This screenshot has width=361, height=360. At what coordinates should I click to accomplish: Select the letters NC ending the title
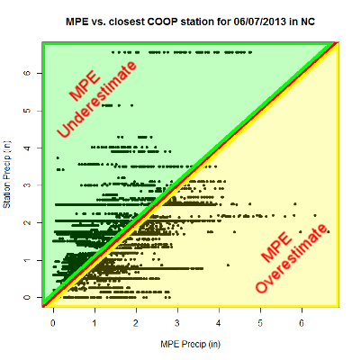coord(308,22)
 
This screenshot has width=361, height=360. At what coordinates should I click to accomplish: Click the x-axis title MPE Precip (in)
coord(191,344)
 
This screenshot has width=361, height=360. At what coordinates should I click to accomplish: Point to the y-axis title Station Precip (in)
coord(6,175)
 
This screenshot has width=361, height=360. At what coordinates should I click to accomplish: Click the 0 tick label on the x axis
coord(53,323)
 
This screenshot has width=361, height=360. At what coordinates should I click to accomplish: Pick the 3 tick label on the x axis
coord(177,323)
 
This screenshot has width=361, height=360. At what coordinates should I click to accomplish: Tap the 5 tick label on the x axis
coord(260,323)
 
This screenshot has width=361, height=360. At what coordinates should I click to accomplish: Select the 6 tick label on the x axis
coord(302,323)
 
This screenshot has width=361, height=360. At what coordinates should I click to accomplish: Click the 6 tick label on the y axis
coord(27,73)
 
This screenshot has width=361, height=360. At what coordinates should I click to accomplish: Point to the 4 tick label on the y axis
coord(27,148)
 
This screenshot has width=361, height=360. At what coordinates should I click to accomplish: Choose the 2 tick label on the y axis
coord(27,222)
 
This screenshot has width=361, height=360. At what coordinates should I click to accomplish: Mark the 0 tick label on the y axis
coord(27,297)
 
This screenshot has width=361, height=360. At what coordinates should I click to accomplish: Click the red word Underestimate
coord(96,99)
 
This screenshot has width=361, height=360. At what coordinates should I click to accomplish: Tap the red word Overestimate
coord(291,258)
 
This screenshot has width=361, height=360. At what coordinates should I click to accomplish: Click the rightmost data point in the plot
coord(329,231)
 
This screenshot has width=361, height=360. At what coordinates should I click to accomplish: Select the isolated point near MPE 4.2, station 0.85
coord(229,265)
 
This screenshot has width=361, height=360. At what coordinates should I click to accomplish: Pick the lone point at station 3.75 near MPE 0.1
coord(58,157)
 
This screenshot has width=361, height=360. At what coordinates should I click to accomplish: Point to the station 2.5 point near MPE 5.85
coord(295,204)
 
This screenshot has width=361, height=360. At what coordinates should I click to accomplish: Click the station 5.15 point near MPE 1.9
coord(131,105)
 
